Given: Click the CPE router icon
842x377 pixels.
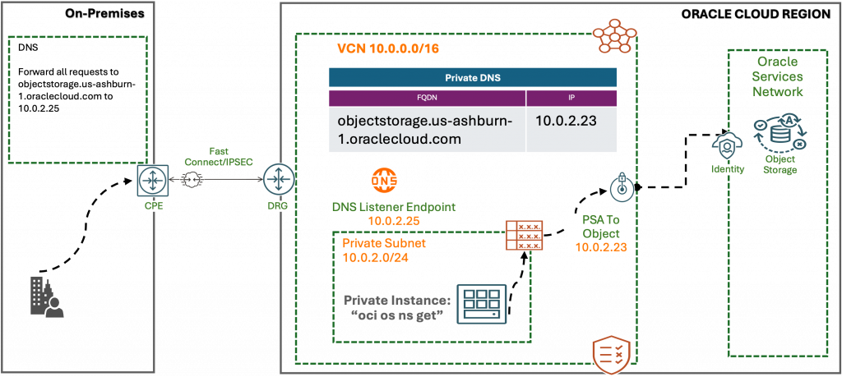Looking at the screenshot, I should pyautogui.click(x=150, y=178).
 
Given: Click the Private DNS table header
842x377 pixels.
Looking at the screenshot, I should pyautogui.click(x=473, y=78).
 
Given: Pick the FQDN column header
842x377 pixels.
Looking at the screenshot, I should pyautogui.click(x=427, y=98).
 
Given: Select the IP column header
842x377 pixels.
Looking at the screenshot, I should pyautogui.click(x=571, y=98).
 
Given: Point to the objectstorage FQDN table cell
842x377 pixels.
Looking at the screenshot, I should pyautogui.click(x=425, y=129).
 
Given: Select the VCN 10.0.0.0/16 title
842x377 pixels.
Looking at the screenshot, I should pyautogui.click(x=387, y=49).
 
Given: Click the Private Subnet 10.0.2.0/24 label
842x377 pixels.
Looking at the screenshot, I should pyautogui.click(x=384, y=251).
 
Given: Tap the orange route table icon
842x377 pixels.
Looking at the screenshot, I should pyautogui.click(x=524, y=237).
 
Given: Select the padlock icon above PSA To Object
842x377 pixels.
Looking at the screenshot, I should pyautogui.click(x=621, y=186).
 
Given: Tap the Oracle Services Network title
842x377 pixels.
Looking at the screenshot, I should pyautogui.click(x=778, y=77).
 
